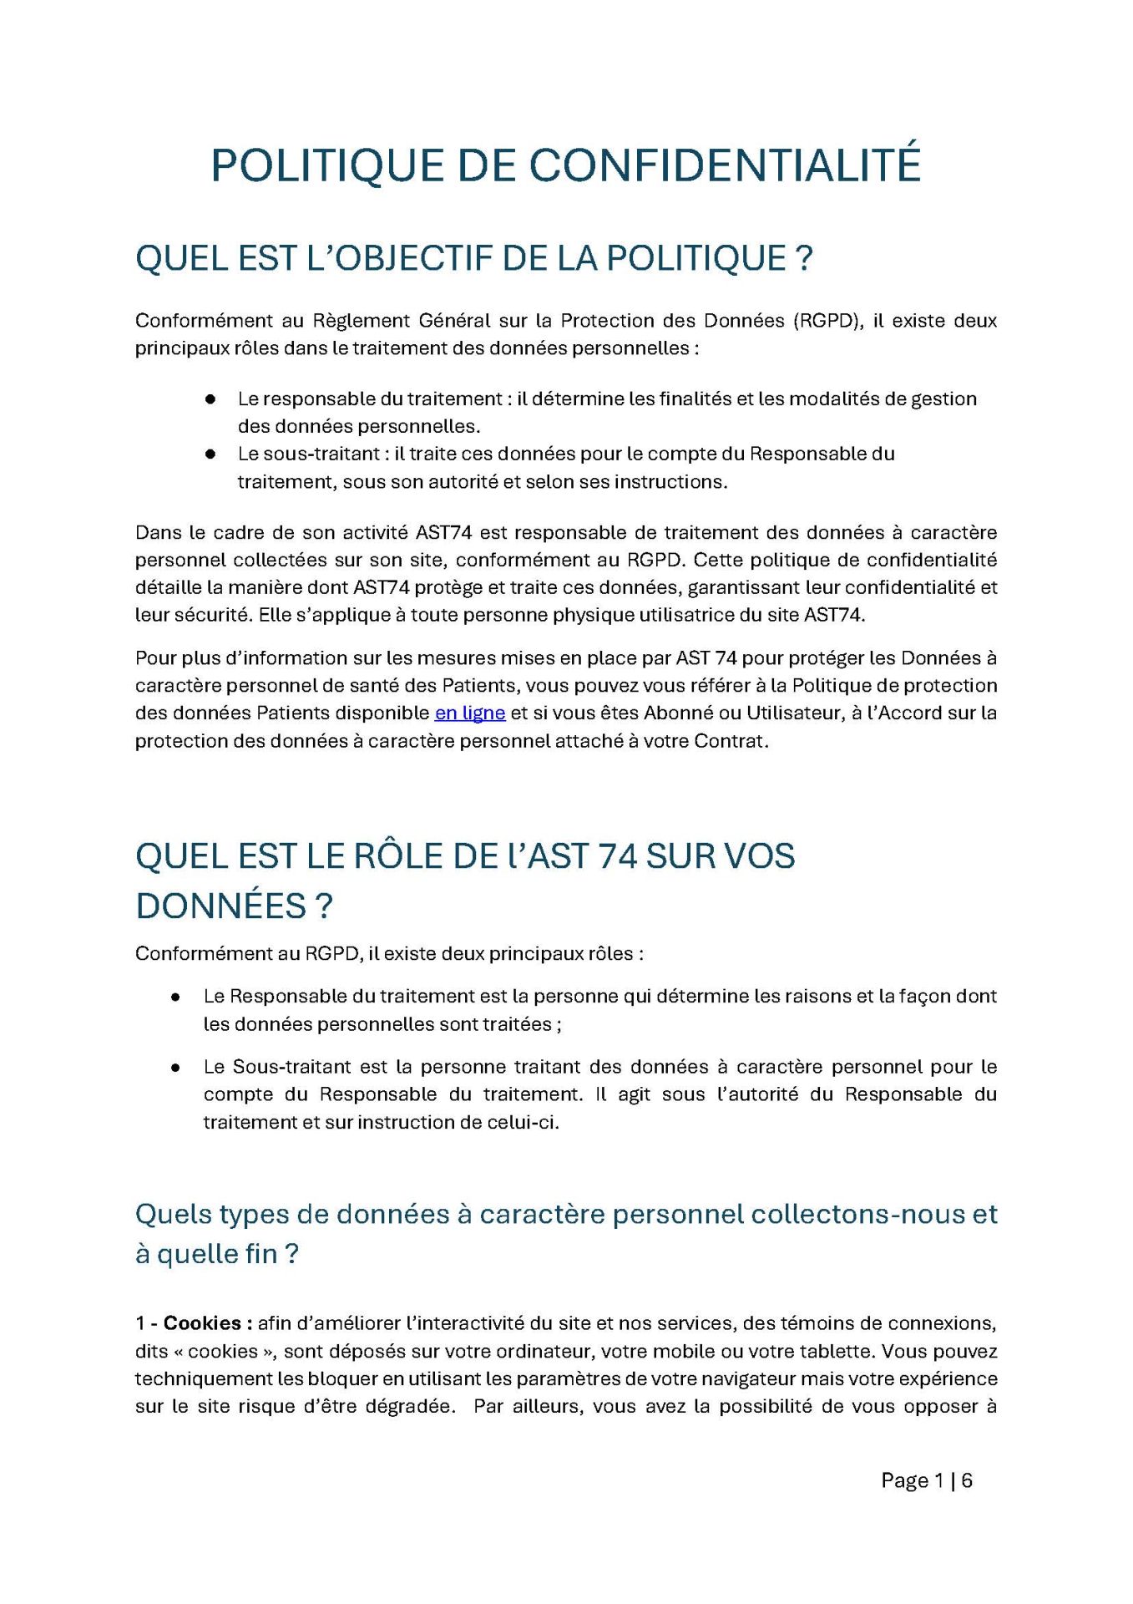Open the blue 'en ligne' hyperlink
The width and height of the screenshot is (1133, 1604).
pyautogui.click(x=470, y=713)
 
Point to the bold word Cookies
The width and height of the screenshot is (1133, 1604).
pyautogui.click(x=202, y=1323)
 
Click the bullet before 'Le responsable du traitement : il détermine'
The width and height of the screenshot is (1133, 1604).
pyautogui.click(x=210, y=399)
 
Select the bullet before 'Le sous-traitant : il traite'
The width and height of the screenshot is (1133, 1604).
pyautogui.click(x=210, y=454)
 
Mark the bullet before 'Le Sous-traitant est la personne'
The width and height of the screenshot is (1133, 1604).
pyautogui.click(x=176, y=1068)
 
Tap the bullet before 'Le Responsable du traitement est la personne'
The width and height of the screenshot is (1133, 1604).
pyautogui.click(x=176, y=997)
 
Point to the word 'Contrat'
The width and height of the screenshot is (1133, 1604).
pyautogui.click(x=729, y=742)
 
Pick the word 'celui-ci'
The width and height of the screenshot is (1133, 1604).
pyautogui.click(x=524, y=1123)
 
